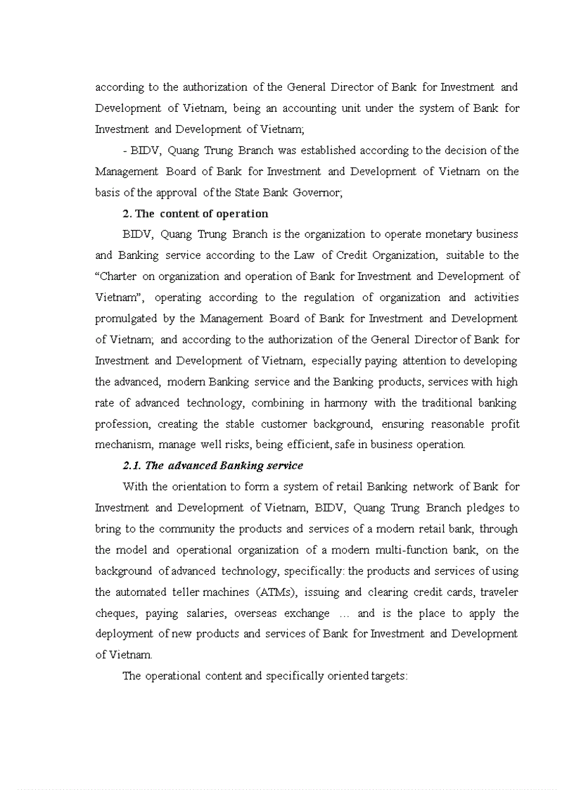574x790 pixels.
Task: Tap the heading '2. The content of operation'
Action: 195,213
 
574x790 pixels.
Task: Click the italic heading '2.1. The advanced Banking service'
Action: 213,465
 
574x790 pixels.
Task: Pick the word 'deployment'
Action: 124,634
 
